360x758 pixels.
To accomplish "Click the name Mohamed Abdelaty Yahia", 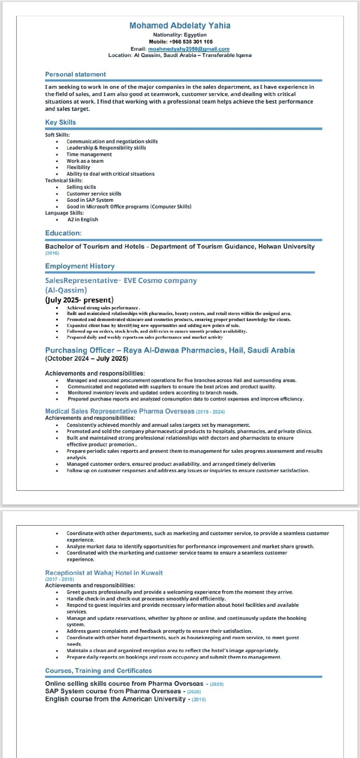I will click(180, 26).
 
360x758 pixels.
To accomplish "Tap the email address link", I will click(188, 49).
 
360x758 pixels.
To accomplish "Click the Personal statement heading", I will click(75, 75).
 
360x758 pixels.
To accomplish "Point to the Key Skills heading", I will click(60, 122).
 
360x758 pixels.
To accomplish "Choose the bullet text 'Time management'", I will click(89, 154).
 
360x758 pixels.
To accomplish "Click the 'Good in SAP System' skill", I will click(90, 200).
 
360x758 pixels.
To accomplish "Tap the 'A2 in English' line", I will click(83, 219).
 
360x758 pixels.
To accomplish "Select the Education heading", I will click(63, 233).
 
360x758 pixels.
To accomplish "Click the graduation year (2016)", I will click(52, 253).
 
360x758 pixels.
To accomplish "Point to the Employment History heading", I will click(80, 266).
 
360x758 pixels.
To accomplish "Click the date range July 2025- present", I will click(79, 300).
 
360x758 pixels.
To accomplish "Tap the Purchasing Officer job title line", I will click(170, 350).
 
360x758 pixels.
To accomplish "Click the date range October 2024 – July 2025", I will click(86, 359).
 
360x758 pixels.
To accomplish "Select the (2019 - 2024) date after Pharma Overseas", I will click(210, 412).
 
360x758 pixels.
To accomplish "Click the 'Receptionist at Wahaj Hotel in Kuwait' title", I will click(104, 573).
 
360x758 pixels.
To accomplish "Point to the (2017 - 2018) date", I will click(59, 579).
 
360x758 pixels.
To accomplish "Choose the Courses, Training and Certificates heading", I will click(98, 670).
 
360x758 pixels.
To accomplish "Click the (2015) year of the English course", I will click(199, 699).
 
